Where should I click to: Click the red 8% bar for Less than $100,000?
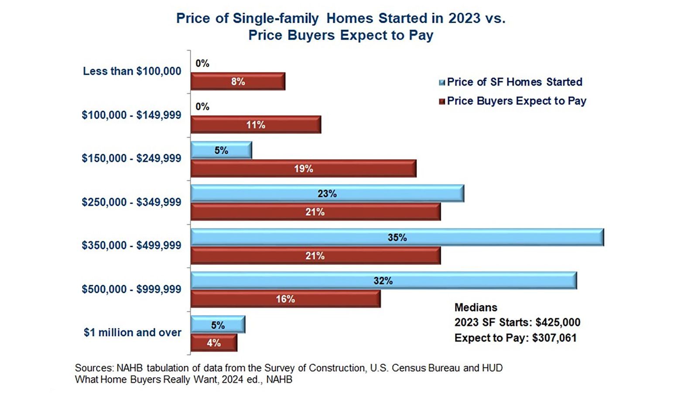pos(238,81)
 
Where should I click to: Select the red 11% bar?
pos(256,125)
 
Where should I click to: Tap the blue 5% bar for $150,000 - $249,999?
pos(221,150)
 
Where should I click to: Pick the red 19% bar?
pos(304,169)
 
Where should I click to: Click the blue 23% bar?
pos(328,193)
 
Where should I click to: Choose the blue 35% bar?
pos(397,238)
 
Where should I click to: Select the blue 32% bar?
pos(383,281)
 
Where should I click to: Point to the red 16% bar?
pos(285,299)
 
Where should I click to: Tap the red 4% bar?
pos(214,343)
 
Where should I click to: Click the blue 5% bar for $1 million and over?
pos(218,324)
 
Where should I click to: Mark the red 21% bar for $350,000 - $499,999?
pos(316,256)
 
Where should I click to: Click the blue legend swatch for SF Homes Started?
pos(442,83)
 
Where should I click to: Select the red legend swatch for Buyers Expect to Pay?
pos(442,101)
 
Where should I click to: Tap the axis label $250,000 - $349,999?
pos(131,202)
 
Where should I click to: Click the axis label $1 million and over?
pos(133,332)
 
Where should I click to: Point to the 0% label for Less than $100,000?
pos(202,64)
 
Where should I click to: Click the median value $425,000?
pos(558,322)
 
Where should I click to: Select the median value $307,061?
pos(554,338)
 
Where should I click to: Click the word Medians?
pos(476,307)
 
